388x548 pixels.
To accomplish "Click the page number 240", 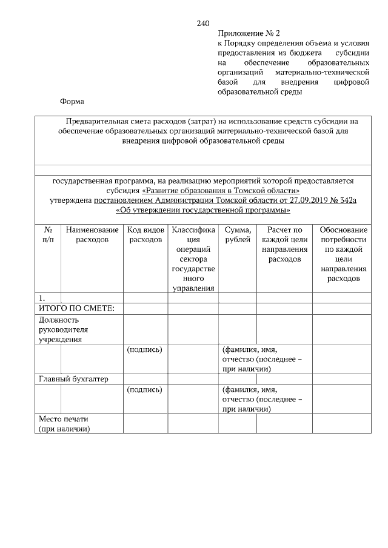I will click(203, 24).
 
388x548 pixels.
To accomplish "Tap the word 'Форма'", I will click(72, 102).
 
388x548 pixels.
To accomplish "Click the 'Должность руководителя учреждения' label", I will click(63, 329).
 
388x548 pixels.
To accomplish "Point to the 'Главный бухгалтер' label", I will click(73, 379).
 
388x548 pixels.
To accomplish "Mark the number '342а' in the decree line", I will click(346, 200).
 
